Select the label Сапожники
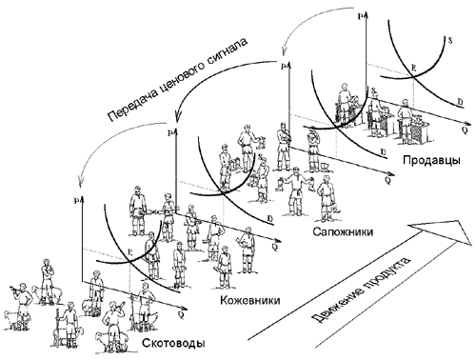(x=340, y=231)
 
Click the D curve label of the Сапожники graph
(x=384, y=152)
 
